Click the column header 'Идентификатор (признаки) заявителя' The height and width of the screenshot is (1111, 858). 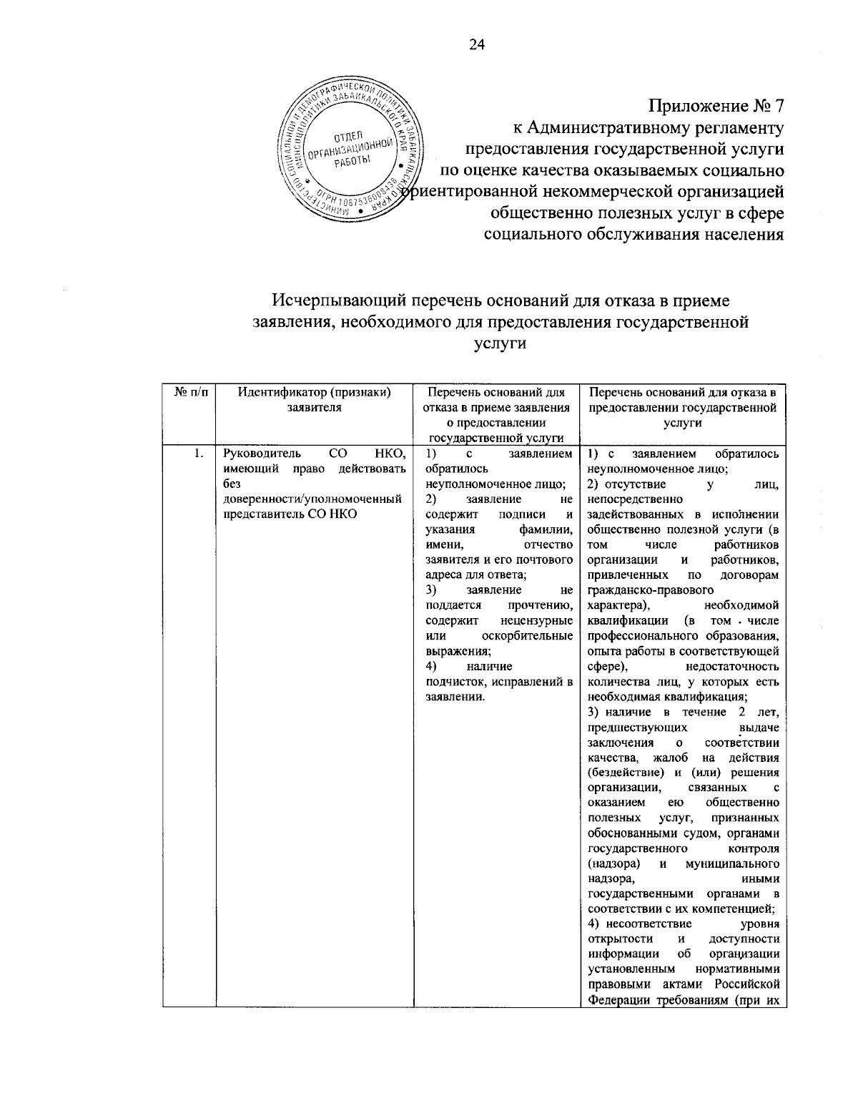(x=315, y=399)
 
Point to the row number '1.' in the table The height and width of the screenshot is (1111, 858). (x=201, y=453)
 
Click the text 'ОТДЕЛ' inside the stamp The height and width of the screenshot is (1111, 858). (x=348, y=135)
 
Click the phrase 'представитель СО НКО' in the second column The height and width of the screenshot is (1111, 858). (x=290, y=514)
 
